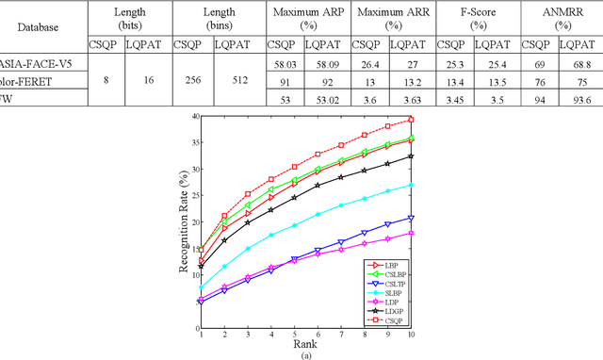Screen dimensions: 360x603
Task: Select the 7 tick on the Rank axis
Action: tap(340, 334)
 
